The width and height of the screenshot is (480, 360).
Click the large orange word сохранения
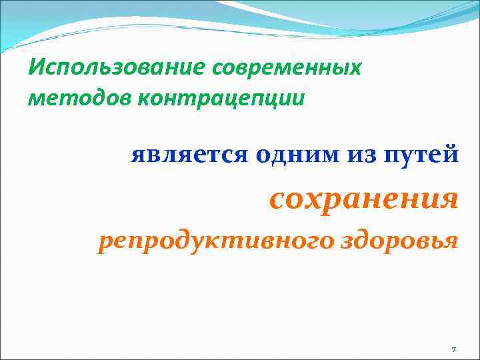(364, 198)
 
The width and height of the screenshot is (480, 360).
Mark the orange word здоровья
(400, 242)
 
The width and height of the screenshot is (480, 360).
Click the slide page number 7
(453, 350)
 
